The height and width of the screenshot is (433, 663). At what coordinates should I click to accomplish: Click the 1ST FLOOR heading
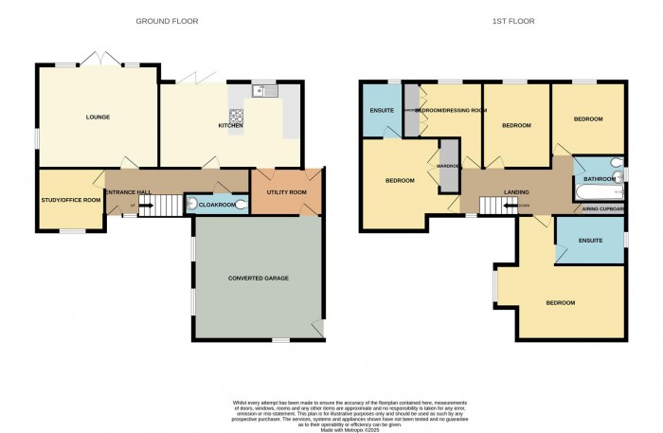point(492,20)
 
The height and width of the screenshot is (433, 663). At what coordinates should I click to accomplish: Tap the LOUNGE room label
point(98,117)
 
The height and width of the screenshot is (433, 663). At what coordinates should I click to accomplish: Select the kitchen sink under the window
point(261,92)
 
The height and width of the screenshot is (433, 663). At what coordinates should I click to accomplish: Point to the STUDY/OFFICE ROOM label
point(70,200)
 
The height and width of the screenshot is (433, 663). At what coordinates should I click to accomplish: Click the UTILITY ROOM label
point(284,192)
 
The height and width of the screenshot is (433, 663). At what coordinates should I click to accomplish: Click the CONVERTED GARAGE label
point(258,279)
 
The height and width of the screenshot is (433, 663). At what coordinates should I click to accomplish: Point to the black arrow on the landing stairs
point(499,205)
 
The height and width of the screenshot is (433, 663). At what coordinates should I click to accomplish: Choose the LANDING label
point(516,192)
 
